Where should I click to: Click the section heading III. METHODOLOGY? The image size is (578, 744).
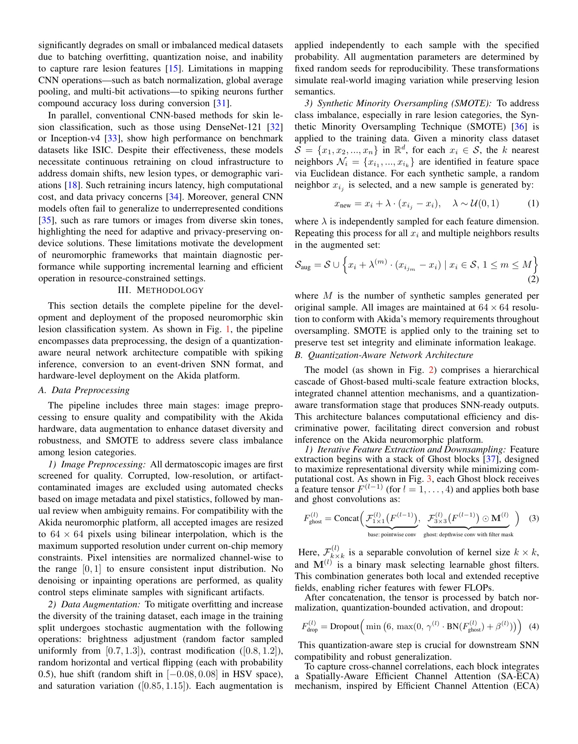161,290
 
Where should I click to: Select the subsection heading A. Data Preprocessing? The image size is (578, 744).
84,390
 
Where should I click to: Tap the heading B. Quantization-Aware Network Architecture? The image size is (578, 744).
384,355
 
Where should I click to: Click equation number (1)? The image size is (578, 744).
533,203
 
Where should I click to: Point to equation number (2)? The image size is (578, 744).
533,279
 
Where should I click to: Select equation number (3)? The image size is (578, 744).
534,518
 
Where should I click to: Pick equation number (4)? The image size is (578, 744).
534,626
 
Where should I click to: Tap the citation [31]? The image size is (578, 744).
222,103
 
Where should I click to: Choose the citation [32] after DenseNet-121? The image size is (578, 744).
275,127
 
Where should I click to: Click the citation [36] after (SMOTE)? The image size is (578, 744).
519,127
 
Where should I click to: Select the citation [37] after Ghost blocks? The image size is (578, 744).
491,459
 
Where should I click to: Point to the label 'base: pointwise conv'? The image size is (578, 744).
391,535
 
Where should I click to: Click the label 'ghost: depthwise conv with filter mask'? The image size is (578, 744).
468,535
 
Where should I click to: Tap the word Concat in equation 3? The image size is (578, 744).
346,518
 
